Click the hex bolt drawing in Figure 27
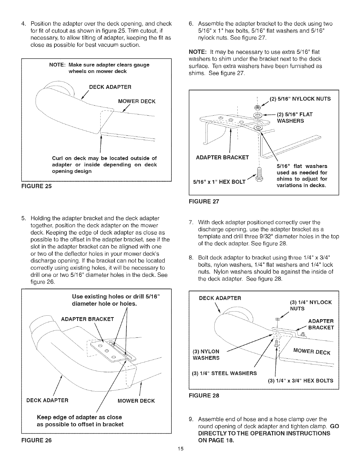259,174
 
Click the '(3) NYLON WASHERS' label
206,355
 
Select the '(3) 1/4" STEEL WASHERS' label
224,374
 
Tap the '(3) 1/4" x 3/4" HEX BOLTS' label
301,380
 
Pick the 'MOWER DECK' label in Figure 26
136,401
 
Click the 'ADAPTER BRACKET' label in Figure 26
87,319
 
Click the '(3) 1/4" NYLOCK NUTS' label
311,305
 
